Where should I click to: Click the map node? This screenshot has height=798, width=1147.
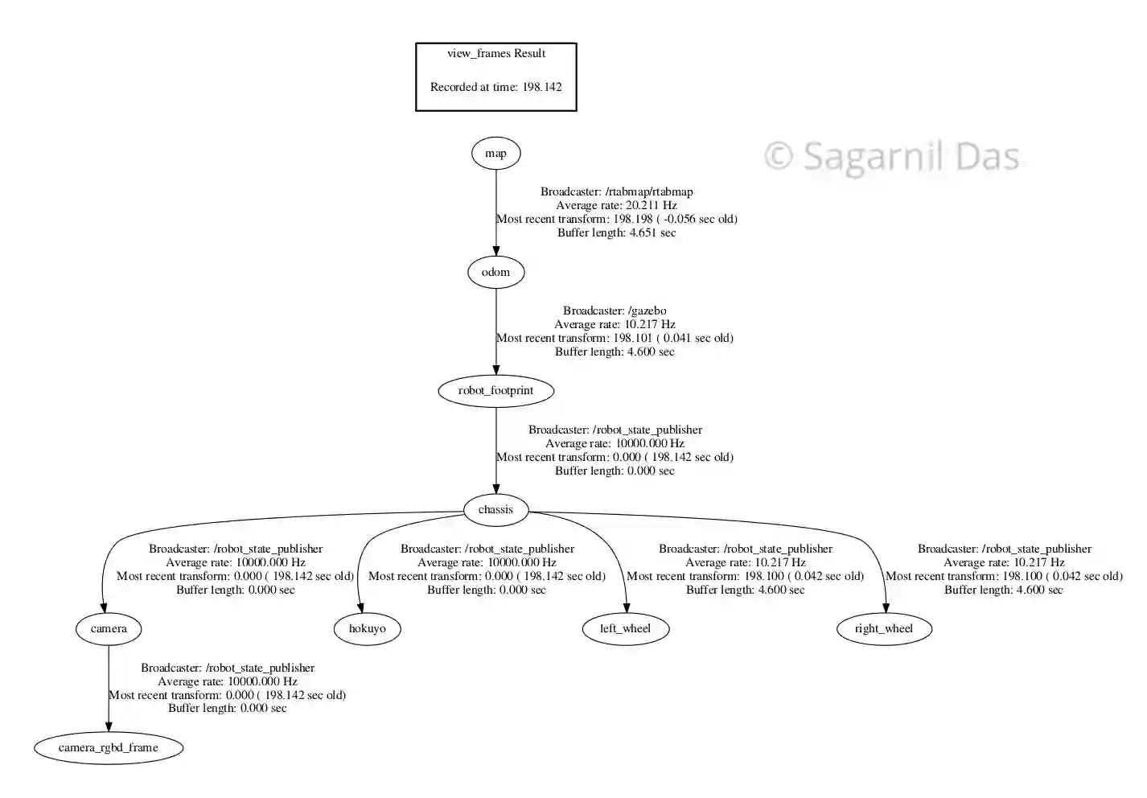[495, 154]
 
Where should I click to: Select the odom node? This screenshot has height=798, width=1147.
[495, 272]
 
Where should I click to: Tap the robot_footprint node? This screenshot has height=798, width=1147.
[495, 391]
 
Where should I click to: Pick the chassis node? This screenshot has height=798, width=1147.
[495, 509]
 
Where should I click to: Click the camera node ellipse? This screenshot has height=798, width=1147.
[109, 628]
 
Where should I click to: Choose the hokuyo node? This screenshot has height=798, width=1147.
[367, 628]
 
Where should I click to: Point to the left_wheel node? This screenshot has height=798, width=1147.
[625, 628]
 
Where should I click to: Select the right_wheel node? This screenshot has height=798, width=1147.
[883, 628]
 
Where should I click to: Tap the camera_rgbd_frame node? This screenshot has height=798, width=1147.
[109, 747]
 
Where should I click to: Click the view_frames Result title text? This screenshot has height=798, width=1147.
[496, 53]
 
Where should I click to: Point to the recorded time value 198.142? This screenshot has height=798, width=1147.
[541, 87]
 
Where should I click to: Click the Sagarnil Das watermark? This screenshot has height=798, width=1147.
[891, 156]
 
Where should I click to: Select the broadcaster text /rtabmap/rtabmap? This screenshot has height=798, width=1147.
[650, 191]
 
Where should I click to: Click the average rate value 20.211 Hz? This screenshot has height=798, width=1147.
[651, 205]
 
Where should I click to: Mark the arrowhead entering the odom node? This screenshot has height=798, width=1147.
[495, 251]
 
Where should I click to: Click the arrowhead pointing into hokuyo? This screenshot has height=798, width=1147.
[360, 607]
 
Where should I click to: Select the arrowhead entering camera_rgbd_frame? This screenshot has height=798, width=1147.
[109, 726]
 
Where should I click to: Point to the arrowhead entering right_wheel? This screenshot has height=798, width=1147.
[886, 607]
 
